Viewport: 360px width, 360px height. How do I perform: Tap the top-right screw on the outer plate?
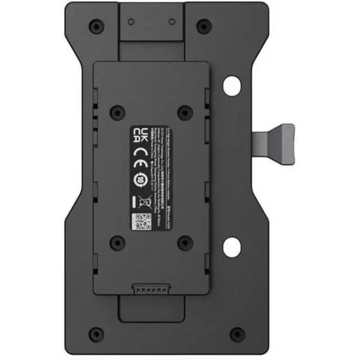[x=204, y=26]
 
